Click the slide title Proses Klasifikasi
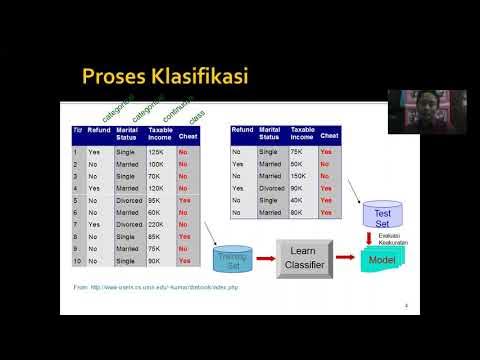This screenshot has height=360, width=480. pyautogui.click(x=164, y=76)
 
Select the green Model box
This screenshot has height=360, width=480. pyautogui.click(x=382, y=260)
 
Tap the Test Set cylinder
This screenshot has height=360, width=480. pyautogui.click(x=382, y=214)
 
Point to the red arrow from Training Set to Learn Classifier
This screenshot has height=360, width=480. pyautogui.click(x=265, y=260)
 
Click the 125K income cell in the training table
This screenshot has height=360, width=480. pyautogui.click(x=156, y=152)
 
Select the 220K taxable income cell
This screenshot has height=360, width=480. pyautogui.click(x=158, y=224)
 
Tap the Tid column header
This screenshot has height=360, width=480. pyautogui.click(x=77, y=130)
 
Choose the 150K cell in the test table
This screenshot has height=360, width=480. pyautogui.click(x=299, y=175)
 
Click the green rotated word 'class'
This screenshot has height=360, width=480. pyautogui.click(x=197, y=115)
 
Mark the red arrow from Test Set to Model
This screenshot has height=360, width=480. pyautogui.click(x=382, y=238)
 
